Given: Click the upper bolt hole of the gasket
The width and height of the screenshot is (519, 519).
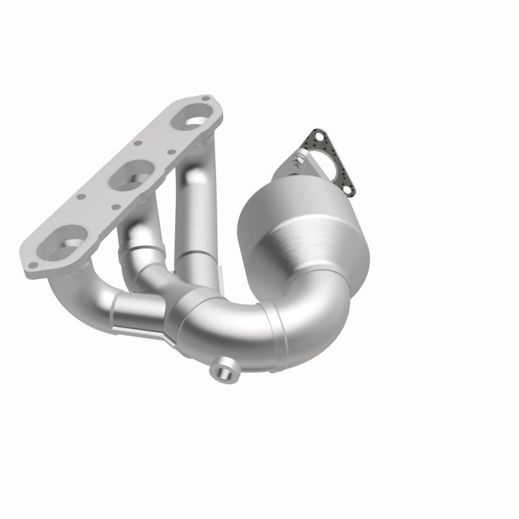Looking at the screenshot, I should [x=313, y=134].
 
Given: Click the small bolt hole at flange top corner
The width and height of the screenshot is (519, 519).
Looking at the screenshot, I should [x=206, y=99].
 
